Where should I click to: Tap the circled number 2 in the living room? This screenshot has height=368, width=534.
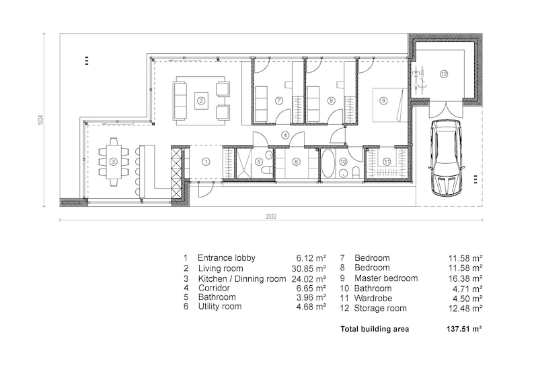[x=200, y=102]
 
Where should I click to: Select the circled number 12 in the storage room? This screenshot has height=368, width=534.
[x=443, y=73]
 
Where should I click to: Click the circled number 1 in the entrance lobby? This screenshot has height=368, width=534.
[x=205, y=162]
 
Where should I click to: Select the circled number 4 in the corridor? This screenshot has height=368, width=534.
[x=285, y=135]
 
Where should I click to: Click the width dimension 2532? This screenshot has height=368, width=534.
[x=271, y=216]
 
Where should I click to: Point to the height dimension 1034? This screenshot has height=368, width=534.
[x=41, y=121]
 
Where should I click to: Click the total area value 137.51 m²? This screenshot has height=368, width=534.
[x=467, y=330]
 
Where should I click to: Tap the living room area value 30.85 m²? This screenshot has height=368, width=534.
[x=311, y=268]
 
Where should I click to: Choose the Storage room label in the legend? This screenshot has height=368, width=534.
[x=380, y=308]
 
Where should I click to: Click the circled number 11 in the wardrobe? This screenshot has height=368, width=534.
[x=386, y=162]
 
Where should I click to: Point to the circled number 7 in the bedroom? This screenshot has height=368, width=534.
[x=278, y=100]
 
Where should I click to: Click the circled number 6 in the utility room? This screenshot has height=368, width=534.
[x=295, y=162]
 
